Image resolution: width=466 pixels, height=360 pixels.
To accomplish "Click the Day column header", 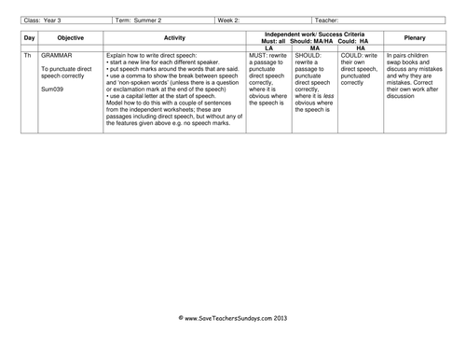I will (x=29, y=38).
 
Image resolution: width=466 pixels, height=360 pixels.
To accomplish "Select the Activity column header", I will (x=174, y=38).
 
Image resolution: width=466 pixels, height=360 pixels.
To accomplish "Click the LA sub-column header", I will (x=269, y=47).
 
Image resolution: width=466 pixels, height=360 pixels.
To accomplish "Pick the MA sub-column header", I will (x=314, y=47).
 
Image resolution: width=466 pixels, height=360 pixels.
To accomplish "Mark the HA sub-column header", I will (x=361, y=47).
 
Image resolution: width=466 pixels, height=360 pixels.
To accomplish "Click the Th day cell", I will (x=28, y=56).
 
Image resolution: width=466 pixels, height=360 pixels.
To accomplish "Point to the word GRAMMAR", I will (x=59, y=56).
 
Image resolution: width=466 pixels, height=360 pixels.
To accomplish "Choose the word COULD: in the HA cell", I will (x=354, y=56).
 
